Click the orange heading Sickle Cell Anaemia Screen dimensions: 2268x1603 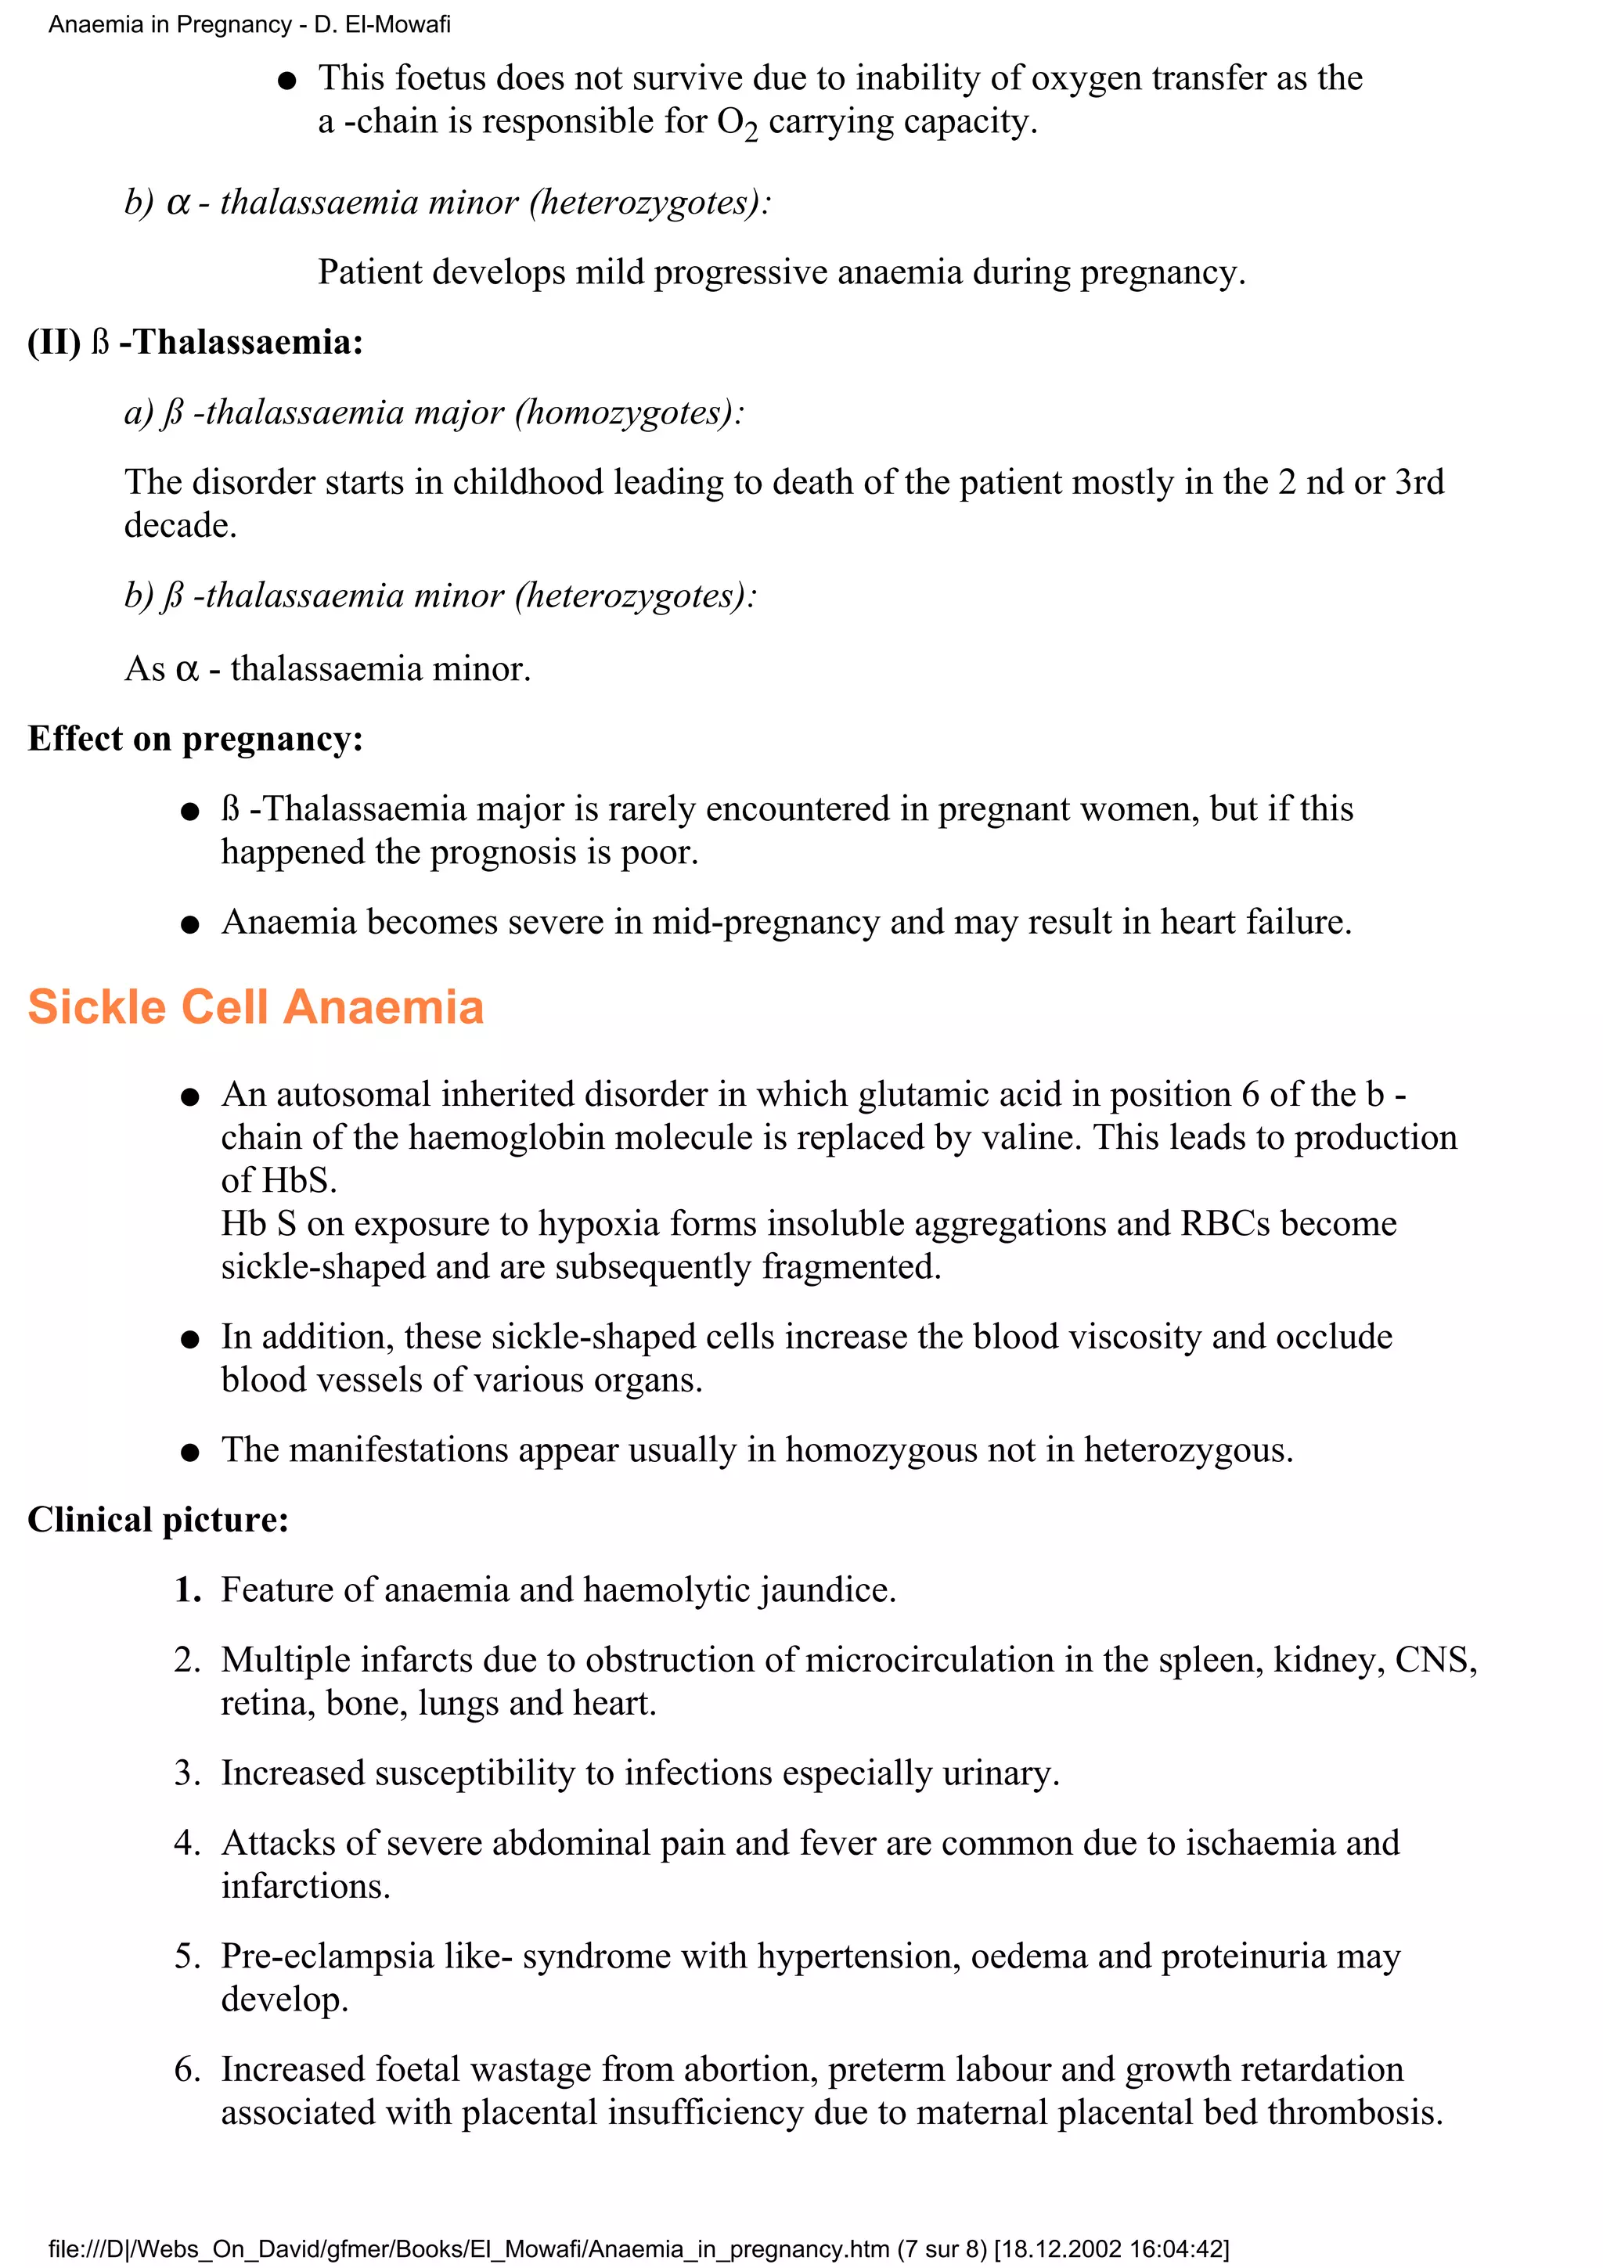[255, 1007]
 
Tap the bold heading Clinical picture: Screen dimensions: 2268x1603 [158, 1519]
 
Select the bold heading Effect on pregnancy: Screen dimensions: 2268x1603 [195, 739]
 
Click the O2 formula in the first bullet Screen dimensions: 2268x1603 [737, 124]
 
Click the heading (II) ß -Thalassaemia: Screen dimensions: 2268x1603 [195, 343]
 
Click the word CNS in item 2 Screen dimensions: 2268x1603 [1434, 1661]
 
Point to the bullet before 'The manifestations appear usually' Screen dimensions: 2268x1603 [191, 1452]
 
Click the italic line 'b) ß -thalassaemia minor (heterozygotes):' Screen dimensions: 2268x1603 [440, 596]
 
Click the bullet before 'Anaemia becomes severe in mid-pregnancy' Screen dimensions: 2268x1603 [191, 923]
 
